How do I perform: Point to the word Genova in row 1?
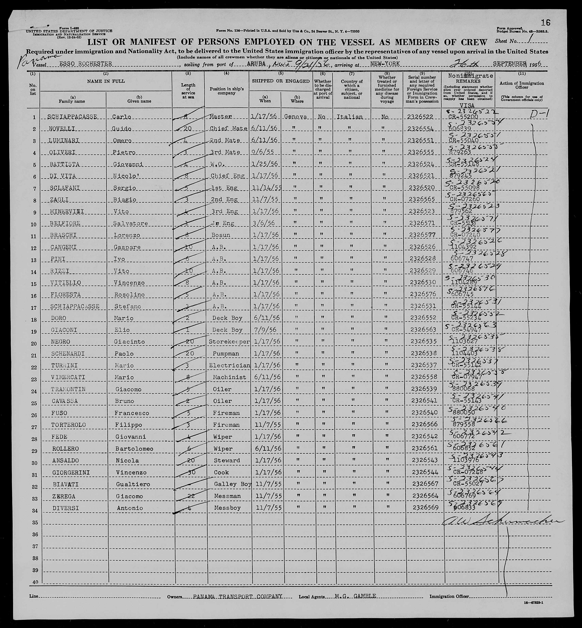295,117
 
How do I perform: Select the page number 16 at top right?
545,22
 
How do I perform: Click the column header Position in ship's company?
226,91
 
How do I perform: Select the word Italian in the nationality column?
350,117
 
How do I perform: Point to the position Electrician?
229,366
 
